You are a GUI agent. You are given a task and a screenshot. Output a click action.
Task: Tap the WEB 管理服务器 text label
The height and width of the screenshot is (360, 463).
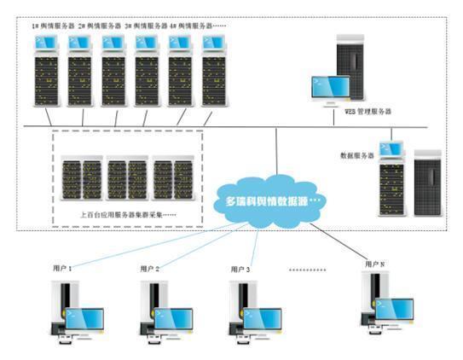[362, 112]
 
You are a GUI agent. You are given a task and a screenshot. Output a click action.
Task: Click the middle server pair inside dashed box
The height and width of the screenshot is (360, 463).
[128, 177]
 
